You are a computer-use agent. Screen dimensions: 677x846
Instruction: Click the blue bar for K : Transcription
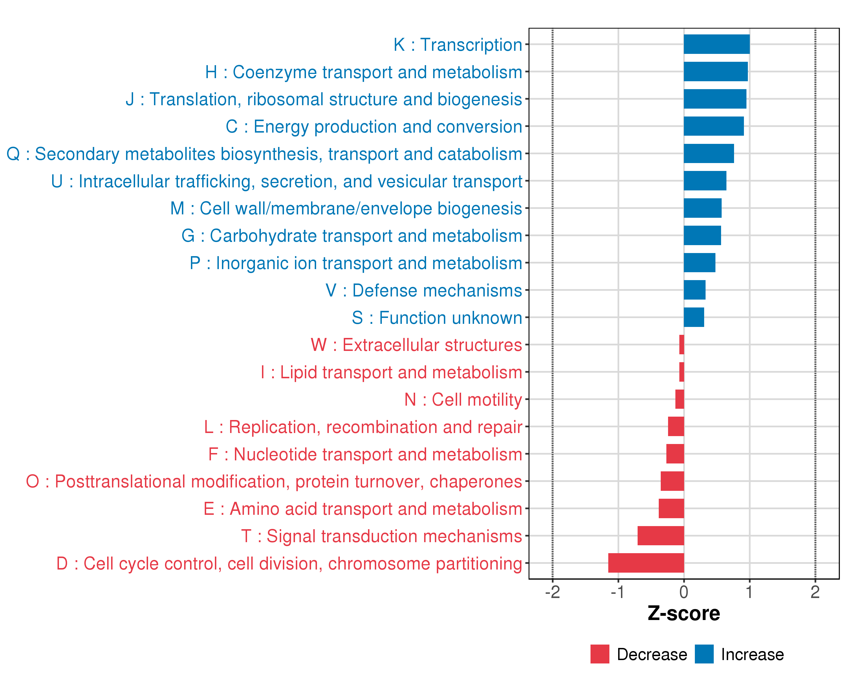point(717,44)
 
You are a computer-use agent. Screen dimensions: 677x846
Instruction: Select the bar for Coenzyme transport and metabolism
point(715,72)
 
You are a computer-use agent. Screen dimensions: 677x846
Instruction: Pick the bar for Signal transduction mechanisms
point(660,536)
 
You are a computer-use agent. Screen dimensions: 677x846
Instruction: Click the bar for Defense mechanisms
point(695,290)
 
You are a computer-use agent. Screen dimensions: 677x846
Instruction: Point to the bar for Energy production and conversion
point(713,126)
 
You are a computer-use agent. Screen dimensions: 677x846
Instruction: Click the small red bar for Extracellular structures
point(682,345)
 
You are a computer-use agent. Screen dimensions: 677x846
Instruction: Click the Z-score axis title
point(684,614)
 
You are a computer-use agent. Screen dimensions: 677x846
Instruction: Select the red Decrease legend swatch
point(600,654)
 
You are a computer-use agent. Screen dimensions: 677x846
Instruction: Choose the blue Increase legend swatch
point(704,654)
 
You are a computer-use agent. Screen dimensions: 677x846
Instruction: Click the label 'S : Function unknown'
point(437,318)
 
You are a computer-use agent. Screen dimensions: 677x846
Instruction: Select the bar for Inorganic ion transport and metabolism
point(699,263)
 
